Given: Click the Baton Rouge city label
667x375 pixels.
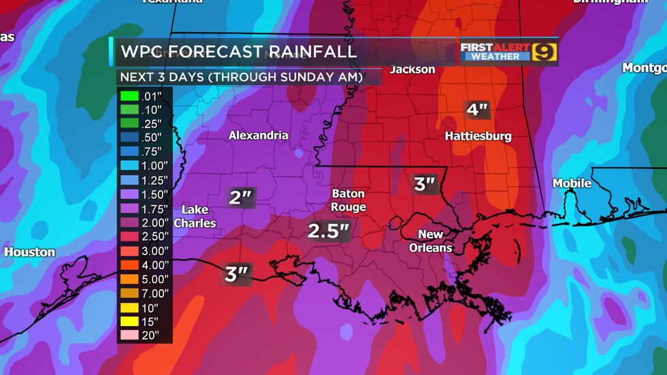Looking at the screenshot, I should pyautogui.click(x=348, y=200).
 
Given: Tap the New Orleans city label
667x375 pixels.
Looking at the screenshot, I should pyautogui.click(x=430, y=241).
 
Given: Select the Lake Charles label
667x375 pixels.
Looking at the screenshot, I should pyautogui.click(x=195, y=216).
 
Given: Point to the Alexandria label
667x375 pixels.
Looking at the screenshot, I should pyautogui.click(x=258, y=135).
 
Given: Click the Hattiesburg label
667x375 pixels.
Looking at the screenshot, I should pyautogui.click(x=478, y=136).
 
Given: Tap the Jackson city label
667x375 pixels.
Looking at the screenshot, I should pyautogui.click(x=412, y=69).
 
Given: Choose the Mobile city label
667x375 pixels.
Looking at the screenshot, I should pyautogui.click(x=572, y=183).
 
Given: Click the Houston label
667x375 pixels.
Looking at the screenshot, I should pyautogui.click(x=30, y=252).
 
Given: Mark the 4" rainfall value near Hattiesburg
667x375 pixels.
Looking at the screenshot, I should pyautogui.click(x=476, y=110).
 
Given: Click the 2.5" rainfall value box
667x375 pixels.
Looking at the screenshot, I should pyautogui.click(x=328, y=231).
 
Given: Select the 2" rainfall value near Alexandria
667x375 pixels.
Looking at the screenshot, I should pyautogui.click(x=240, y=198).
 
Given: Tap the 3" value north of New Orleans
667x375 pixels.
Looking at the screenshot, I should pyautogui.click(x=425, y=184).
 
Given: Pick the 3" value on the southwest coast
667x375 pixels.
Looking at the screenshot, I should pyautogui.click(x=235, y=274).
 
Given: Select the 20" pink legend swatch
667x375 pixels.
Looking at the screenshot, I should pyautogui.click(x=129, y=335).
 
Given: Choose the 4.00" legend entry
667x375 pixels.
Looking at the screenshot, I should pyautogui.click(x=144, y=264).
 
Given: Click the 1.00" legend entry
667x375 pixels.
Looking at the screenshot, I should pyautogui.click(x=144, y=165).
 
